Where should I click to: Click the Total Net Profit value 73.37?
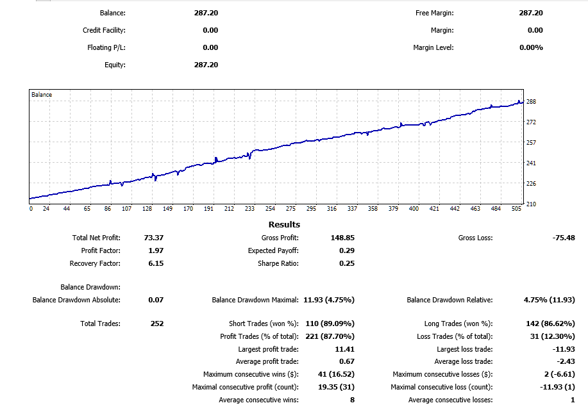point(155,238)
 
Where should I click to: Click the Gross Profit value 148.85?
point(340,238)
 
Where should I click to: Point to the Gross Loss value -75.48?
point(563,238)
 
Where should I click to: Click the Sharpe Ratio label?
point(278,263)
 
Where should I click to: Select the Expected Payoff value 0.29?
point(346,250)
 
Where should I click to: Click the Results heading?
point(284,224)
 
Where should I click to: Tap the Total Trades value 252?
point(156,324)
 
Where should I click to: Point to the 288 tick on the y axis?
point(531,101)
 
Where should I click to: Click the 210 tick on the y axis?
point(531,204)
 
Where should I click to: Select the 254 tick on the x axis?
point(270,209)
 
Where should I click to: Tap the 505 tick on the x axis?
point(517,209)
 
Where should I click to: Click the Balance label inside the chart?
point(42,95)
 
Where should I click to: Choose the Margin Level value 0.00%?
point(531,47)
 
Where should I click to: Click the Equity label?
point(115,65)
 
